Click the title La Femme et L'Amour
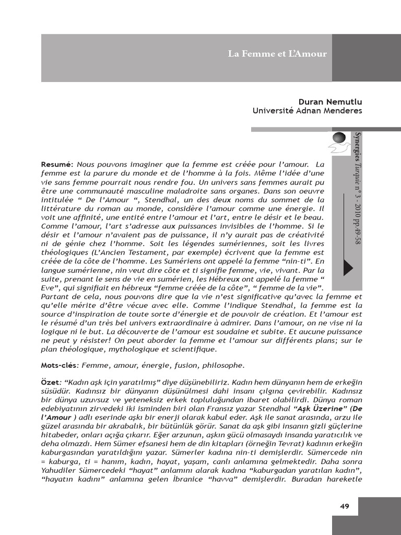click(277, 54)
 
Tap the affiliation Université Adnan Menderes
click(307, 111)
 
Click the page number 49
click(344, 506)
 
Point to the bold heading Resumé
click(57, 165)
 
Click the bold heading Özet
click(50, 383)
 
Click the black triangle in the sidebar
click(347, 267)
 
